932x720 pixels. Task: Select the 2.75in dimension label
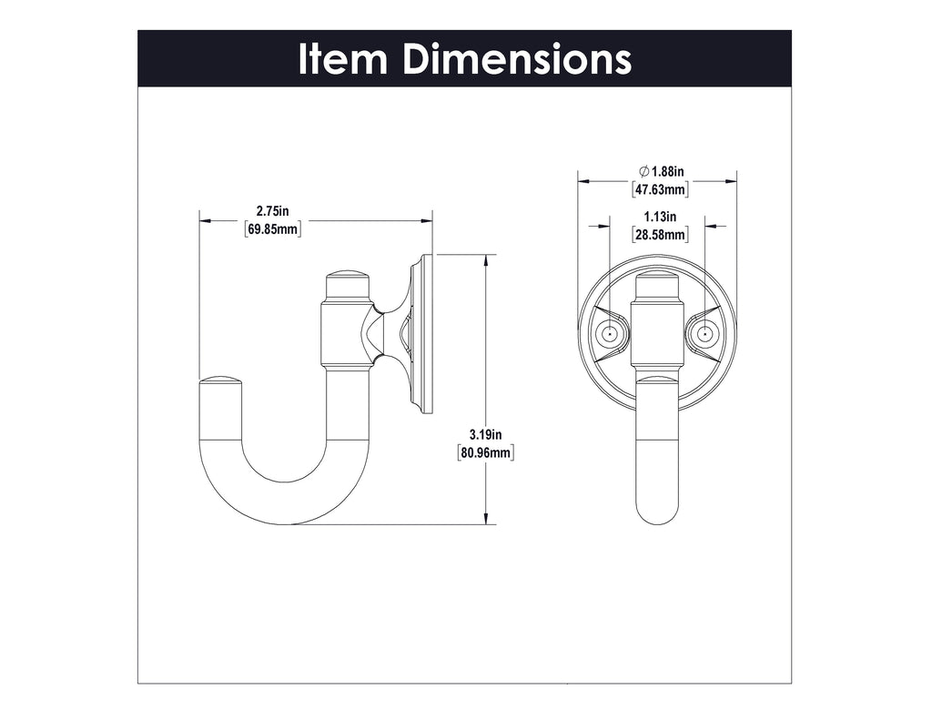[x=273, y=212]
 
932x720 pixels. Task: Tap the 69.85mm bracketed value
[x=273, y=228]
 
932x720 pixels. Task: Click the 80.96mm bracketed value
[x=487, y=451]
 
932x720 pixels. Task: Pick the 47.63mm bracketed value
[x=660, y=189]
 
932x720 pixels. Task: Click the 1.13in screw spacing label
[x=660, y=217]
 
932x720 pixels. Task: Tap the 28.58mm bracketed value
[x=660, y=234]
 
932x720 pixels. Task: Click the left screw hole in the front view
[x=609, y=335]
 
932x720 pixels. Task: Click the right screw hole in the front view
[x=704, y=335]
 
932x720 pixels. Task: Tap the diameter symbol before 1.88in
[x=643, y=172]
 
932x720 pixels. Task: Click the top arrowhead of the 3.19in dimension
[x=489, y=261]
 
